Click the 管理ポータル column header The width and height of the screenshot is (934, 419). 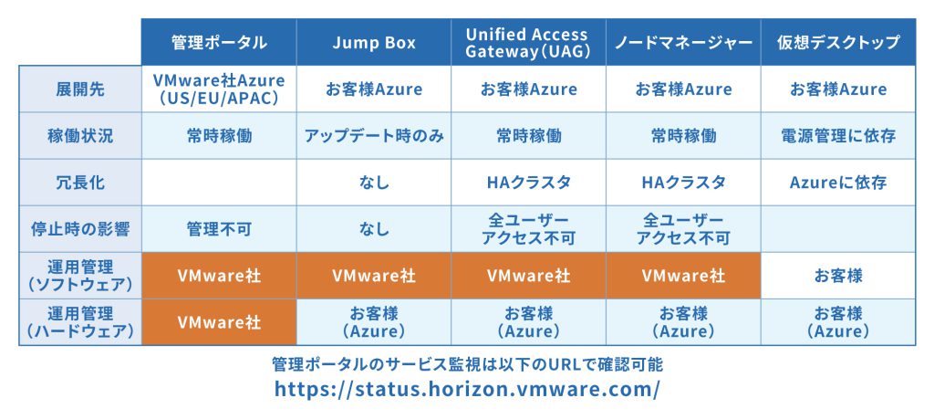point(219,42)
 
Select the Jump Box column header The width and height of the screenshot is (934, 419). point(374,42)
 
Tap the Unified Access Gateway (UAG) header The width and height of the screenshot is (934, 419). point(529,42)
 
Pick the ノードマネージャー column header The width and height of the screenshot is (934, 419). point(683,42)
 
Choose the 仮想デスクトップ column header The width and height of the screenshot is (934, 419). point(838,42)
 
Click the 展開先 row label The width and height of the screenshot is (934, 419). point(80,89)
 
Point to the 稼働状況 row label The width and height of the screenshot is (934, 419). point(80,136)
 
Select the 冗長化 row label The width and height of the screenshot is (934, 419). point(80,183)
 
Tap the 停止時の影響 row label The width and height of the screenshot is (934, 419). point(80,229)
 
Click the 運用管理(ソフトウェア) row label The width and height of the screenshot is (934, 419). point(80,276)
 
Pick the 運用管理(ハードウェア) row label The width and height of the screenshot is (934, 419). point(80,322)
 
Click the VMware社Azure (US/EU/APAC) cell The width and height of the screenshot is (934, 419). point(219,89)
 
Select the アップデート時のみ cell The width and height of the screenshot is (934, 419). point(374,136)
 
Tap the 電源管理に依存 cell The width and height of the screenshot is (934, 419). point(838,136)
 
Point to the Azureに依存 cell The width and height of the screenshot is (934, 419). point(838,183)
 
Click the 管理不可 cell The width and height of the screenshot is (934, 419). point(219,229)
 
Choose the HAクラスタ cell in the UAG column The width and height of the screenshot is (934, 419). point(529,183)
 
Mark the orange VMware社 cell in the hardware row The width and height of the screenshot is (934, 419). point(219,322)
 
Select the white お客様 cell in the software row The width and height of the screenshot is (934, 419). point(838,276)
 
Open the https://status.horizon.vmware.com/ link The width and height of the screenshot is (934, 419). point(467,389)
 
